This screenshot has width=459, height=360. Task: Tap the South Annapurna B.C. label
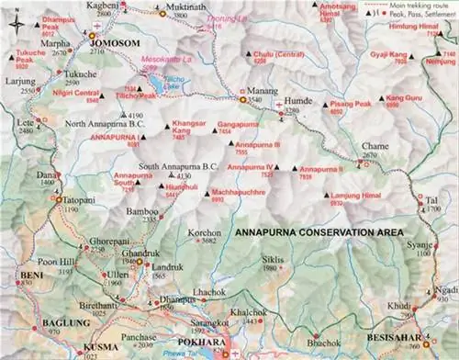click(x=176, y=166)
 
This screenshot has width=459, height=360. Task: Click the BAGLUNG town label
click(x=58, y=323)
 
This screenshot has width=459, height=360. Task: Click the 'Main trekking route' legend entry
click(x=414, y=5)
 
